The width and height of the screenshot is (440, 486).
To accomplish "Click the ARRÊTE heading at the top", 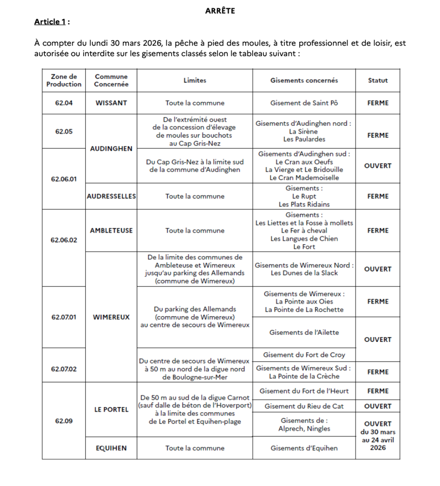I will coord(220,11).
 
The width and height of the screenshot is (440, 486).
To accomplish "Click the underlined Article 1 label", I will coord(50,22).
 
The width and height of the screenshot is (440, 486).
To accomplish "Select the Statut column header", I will coord(378,80).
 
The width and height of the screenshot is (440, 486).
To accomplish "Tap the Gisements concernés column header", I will coord(304,80).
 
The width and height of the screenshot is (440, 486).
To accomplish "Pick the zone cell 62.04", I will coord(64,103).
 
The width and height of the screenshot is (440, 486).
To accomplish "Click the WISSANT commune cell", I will coord(111,103).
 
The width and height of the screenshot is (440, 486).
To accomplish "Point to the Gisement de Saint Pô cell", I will coord(304,103).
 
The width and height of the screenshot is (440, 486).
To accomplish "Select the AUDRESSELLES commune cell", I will coord(111,196).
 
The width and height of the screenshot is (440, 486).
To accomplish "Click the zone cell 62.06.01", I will coord(64,179).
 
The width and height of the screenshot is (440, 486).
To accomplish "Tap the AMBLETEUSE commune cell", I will coord(111,230).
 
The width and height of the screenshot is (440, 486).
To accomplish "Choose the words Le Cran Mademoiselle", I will coord(304,178).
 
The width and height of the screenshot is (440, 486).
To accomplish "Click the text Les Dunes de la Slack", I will coord(304,273).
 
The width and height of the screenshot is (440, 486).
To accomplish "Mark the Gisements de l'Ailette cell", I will coord(304,332).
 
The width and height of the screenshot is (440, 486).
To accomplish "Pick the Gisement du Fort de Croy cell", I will coord(304,355).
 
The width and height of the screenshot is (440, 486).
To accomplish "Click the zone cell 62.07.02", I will coord(64,369).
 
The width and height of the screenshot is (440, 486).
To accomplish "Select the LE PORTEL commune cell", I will coord(111,409).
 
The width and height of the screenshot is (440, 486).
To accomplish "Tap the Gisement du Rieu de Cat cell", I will coord(304,406).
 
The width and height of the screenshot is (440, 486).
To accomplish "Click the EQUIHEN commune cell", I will coord(111,448).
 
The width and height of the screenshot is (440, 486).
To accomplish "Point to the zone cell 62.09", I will coord(64,421).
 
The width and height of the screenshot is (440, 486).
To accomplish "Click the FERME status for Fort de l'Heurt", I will coord(378,391).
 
